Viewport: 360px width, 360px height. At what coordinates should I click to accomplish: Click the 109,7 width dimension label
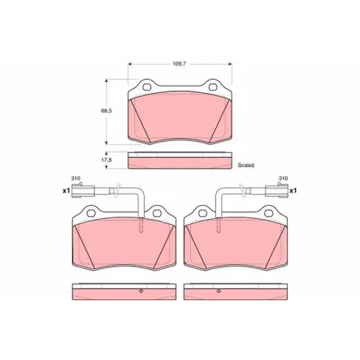pos(179,64)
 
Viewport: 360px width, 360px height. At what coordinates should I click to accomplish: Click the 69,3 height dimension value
pos(106,111)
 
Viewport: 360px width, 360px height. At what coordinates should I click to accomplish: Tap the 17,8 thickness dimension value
pos(106,160)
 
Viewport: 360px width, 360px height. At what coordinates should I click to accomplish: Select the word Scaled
pos(246,165)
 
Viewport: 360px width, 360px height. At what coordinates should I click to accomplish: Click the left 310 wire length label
pos(76,179)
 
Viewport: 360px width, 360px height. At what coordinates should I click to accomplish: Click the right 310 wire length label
pos(283,179)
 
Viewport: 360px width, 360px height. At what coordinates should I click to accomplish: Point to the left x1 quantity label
pos(66,191)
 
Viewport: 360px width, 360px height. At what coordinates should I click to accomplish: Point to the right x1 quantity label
pos(293,191)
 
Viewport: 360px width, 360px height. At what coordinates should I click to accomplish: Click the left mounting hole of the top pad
pos(147,87)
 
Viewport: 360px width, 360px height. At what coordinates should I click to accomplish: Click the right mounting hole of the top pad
pos(213,87)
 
